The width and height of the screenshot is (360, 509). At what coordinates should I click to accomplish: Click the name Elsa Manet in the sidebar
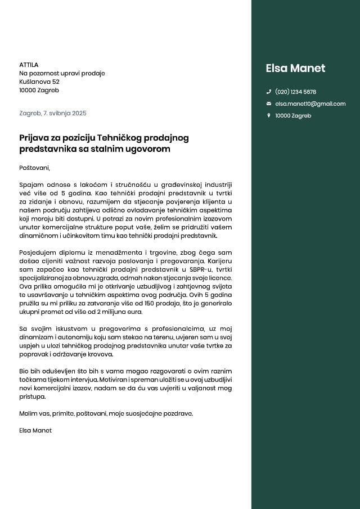(295, 69)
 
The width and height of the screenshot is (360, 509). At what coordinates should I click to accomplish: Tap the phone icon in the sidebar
(268, 92)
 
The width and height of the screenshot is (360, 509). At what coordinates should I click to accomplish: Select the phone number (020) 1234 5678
(295, 92)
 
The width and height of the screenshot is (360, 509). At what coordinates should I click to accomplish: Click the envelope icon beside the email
(268, 104)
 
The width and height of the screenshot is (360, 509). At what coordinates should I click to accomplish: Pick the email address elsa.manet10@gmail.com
(310, 104)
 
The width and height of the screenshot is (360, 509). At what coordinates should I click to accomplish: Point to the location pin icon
(268, 116)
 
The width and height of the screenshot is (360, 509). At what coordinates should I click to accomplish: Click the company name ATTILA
(29, 65)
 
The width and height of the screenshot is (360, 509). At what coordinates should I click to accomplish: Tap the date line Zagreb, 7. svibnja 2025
(53, 113)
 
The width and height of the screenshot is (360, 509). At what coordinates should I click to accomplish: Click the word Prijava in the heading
(34, 137)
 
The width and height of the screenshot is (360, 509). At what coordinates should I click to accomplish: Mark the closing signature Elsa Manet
(35, 430)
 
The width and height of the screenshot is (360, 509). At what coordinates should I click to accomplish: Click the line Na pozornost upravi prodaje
(62, 73)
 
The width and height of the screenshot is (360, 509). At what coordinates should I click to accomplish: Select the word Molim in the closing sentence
(28, 413)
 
